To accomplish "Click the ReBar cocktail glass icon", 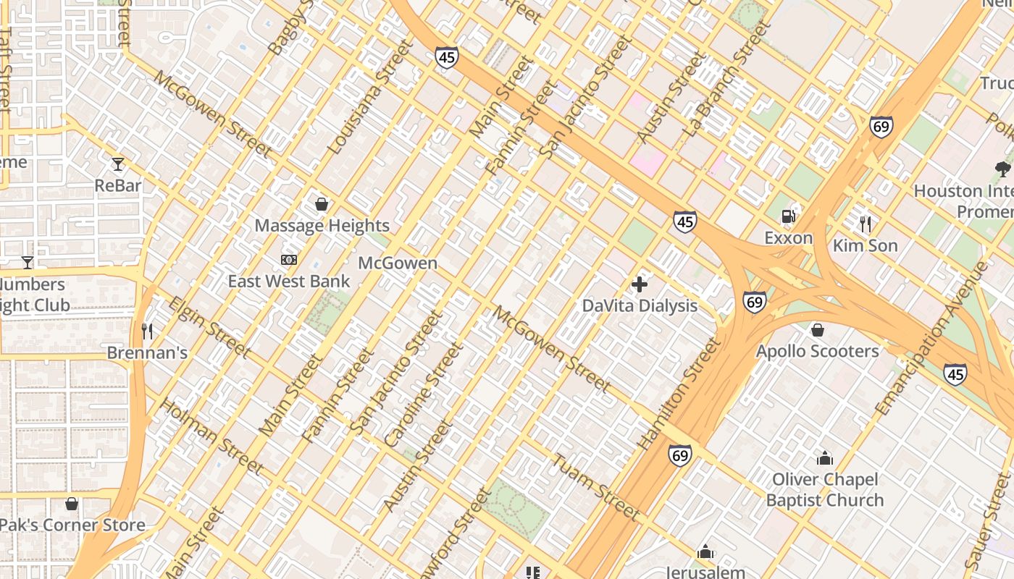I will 118,164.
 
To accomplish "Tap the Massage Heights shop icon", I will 322,205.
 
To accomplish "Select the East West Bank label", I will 289,282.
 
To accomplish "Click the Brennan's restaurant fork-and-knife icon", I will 147,331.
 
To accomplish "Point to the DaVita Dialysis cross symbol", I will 640,284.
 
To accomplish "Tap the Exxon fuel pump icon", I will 788,216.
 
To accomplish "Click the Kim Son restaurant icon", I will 865,224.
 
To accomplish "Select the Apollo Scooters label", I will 817,352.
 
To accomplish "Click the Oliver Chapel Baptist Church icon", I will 824,458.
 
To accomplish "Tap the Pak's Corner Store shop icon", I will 72,504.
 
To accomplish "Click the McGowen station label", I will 398,263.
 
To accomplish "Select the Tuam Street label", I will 597,487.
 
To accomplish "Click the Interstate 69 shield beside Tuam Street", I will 679,455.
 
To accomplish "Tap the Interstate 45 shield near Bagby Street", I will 447,57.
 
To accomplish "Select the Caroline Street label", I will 423,395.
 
